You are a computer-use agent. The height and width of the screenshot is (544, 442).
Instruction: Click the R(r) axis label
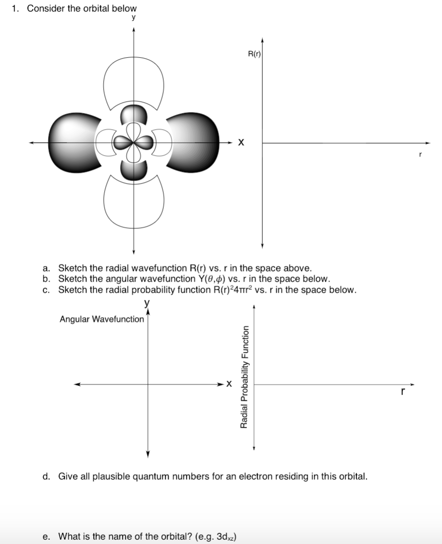(254, 54)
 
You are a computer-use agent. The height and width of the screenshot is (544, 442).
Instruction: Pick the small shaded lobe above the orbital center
(134, 115)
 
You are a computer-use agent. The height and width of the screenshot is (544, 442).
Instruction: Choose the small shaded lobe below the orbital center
(134, 171)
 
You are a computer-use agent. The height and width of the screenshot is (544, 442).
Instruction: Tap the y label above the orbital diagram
(134, 18)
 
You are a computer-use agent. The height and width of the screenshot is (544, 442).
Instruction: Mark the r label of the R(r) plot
(420, 155)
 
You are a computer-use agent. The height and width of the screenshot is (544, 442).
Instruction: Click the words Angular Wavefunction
(102, 319)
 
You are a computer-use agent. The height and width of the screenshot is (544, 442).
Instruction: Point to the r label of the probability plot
(403, 392)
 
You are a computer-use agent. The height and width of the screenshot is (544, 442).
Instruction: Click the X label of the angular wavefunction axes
(229, 384)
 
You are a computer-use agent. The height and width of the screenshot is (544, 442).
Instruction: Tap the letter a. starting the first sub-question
(46, 268)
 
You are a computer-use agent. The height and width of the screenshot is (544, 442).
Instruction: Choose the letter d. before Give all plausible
(46, 476)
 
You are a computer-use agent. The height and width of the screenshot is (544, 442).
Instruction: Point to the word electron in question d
(254, 476)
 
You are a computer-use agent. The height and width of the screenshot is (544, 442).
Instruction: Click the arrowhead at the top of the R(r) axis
(262, 39)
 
